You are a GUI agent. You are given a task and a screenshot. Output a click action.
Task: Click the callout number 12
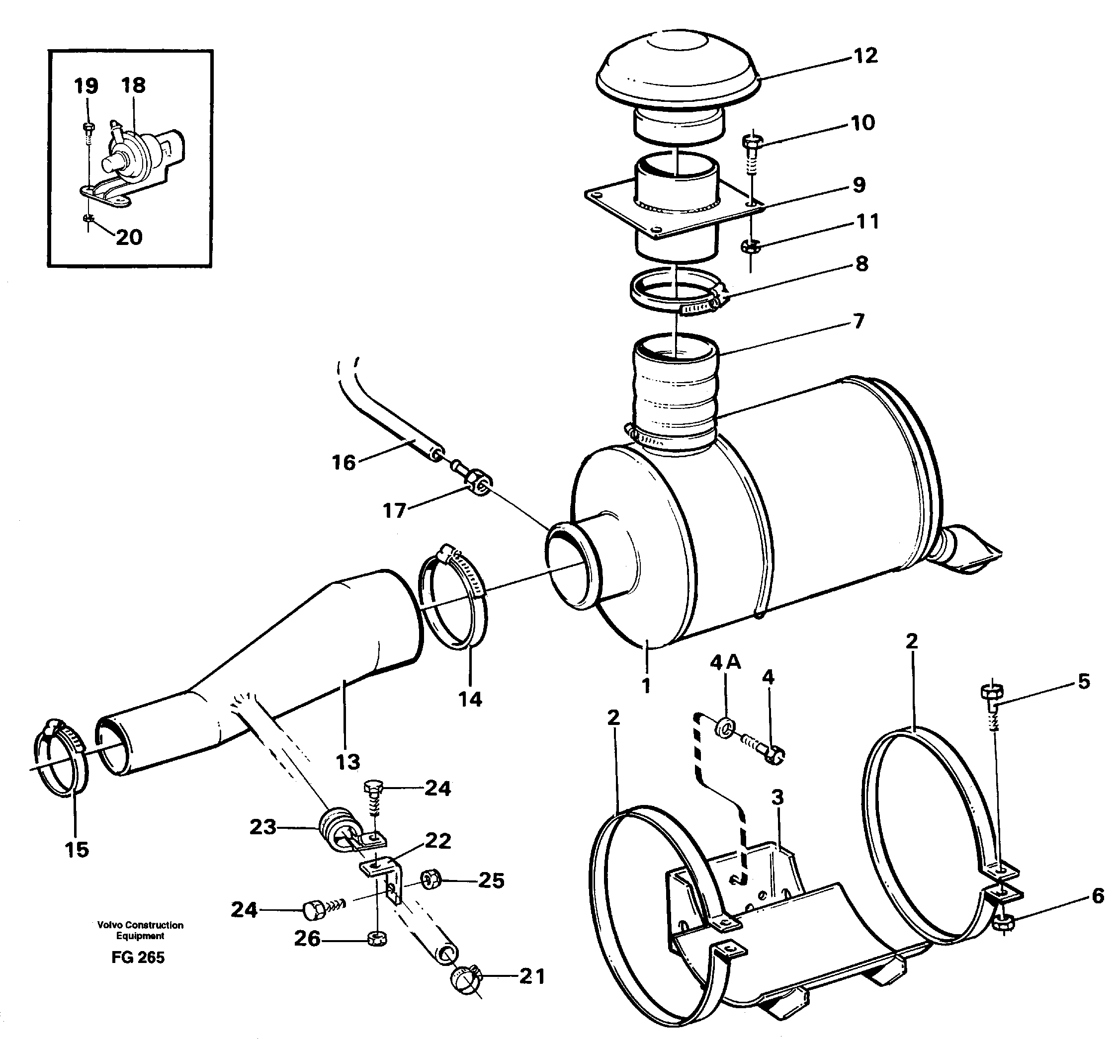[865, 56]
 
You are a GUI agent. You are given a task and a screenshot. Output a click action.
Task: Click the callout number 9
[858, 185]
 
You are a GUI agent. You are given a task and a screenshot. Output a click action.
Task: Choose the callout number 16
[344, 463]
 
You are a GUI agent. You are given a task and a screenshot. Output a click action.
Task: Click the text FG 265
[138, 958]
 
